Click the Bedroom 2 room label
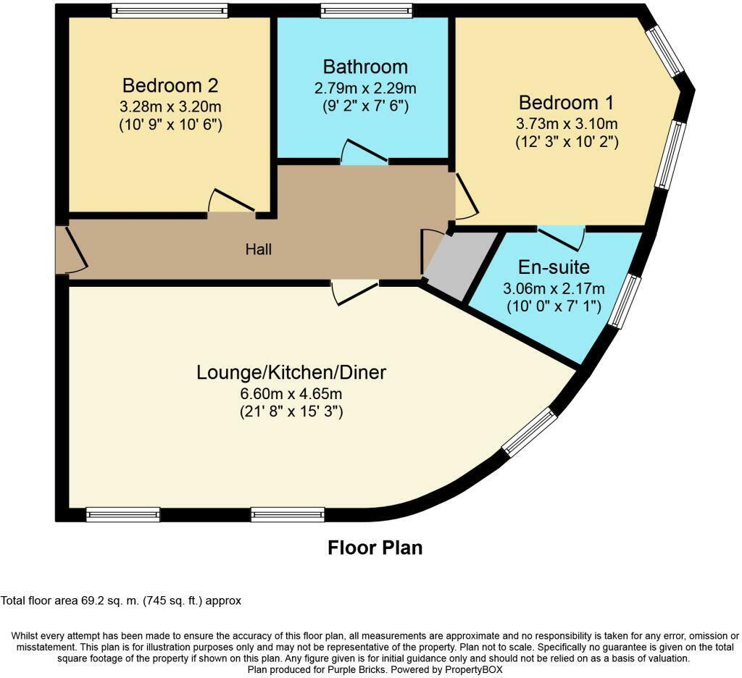[x=170, y=85]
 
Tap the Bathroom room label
[x=365, y=67]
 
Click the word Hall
[x=259, y=249]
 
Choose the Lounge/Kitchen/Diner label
[x=291, y=373]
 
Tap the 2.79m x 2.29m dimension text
[x=365, y=88]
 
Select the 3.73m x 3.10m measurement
[x=567, y=123]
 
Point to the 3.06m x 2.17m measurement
[x=554, y=288]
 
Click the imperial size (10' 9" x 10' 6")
[x=170, y=125]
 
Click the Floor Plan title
[x=375, y=547]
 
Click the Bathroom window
[x=367, y=10]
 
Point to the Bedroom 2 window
[x=170, y=10]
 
